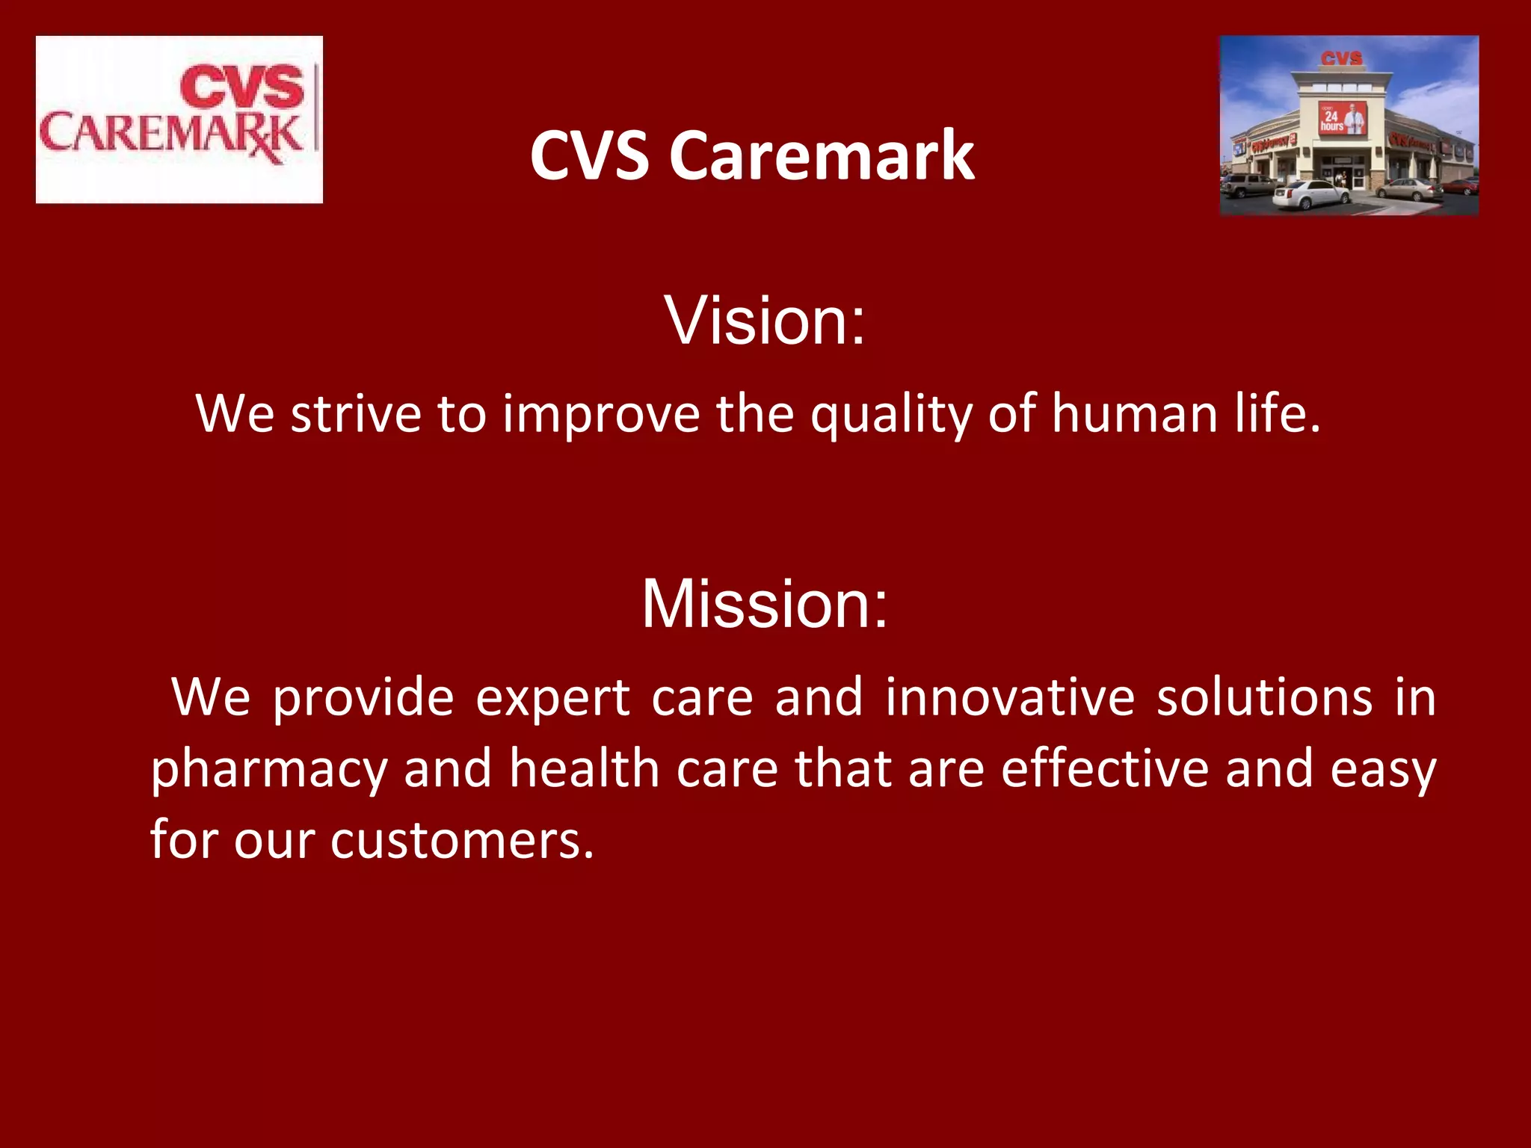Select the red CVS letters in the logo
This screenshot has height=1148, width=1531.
242,87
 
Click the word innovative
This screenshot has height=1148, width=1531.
1010,697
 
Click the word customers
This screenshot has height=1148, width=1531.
462,840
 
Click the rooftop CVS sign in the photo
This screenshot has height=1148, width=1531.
1341,58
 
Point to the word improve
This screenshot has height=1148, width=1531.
601,416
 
